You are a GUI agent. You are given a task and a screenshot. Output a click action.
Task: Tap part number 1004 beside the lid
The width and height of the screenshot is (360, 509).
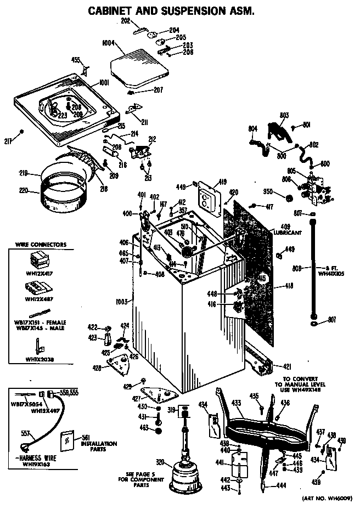coord(108,42)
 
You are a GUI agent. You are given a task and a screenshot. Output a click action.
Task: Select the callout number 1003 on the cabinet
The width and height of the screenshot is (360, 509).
coord(121,302)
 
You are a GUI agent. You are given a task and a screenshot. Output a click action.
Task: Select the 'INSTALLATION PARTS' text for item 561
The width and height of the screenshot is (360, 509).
coord(99,446)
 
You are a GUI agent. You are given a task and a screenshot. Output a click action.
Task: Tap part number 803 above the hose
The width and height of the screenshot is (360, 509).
coord(284,115)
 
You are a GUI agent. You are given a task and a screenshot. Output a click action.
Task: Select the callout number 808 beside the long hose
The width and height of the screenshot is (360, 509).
coord(297,268)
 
